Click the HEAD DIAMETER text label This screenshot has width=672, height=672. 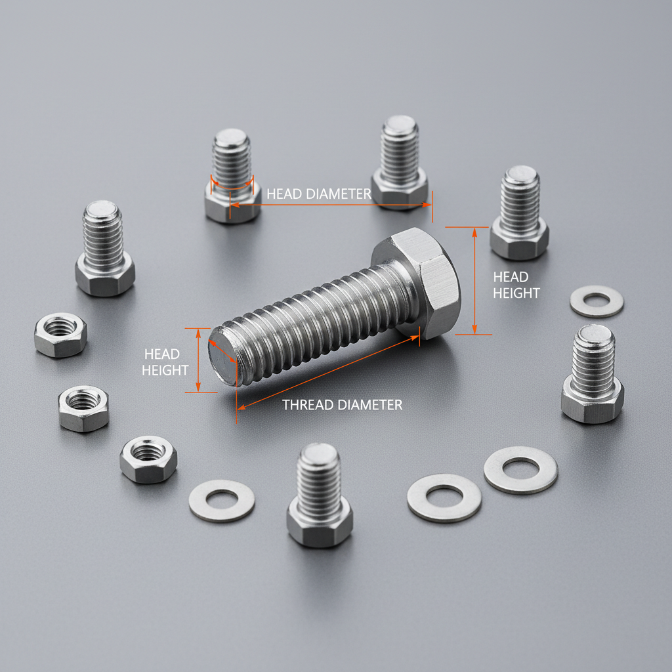(319, 194)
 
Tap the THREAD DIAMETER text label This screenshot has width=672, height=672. (342, 405)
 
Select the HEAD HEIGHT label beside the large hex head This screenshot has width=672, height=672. (516, 285)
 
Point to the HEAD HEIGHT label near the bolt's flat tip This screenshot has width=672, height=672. (165, 362)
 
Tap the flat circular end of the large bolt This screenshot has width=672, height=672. (222, 358)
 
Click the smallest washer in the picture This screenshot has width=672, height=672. (597, 301)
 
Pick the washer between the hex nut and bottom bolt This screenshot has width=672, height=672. (222, 501)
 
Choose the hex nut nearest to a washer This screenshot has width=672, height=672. (148, 459)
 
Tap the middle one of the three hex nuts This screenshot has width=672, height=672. (83, 408)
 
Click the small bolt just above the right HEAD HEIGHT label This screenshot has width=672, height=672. (519, 213)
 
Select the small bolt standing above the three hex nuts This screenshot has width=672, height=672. (104, 249)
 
